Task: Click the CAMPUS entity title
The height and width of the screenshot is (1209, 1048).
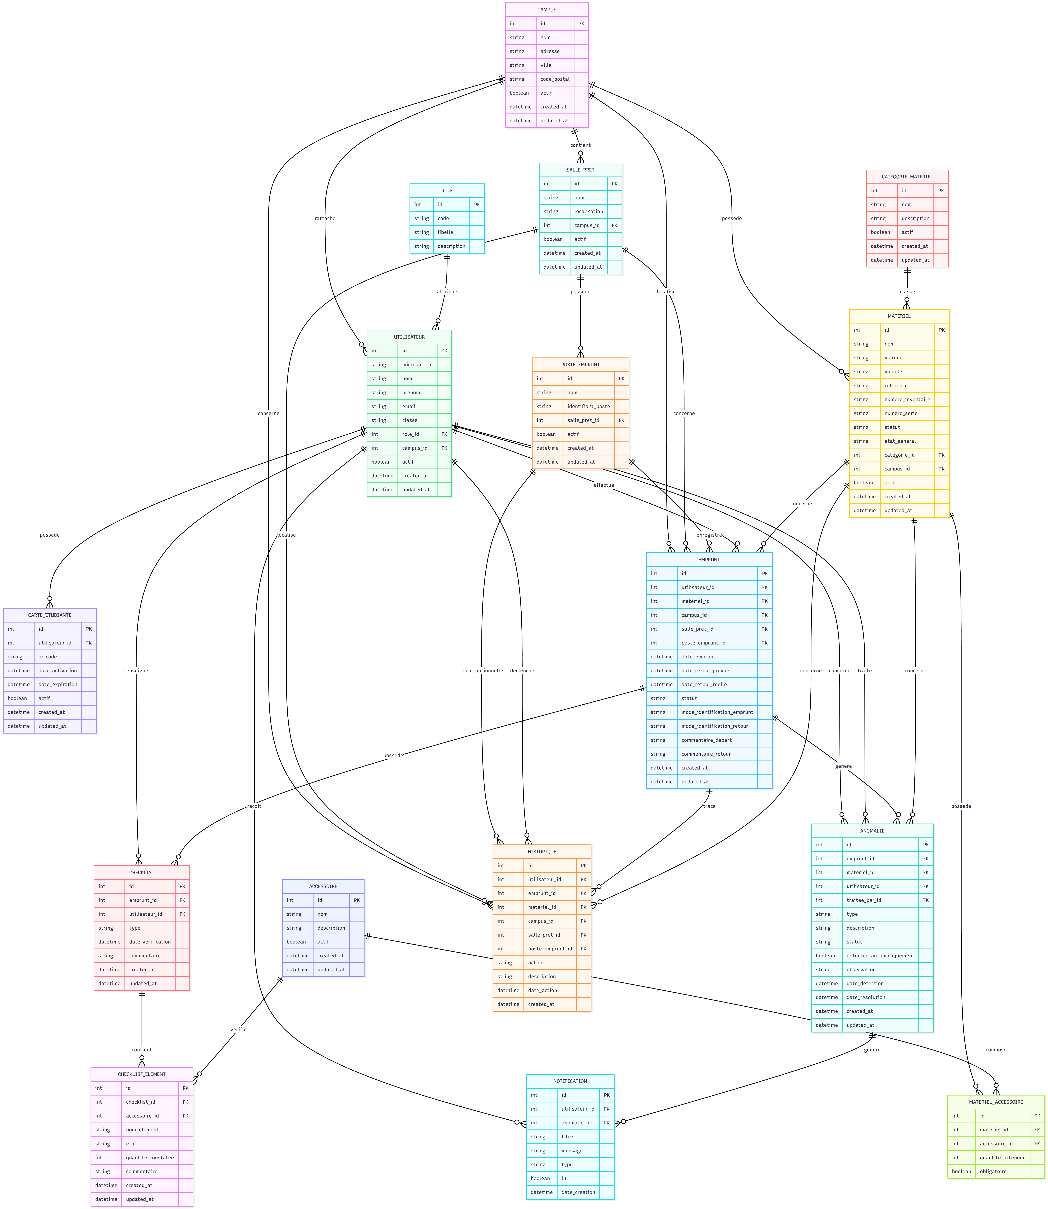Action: point(547,10)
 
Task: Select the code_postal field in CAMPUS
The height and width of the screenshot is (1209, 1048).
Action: point(554,79)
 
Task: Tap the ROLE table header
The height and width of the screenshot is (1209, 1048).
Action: point(447,191)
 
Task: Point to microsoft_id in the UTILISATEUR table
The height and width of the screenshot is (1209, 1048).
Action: point(417,365)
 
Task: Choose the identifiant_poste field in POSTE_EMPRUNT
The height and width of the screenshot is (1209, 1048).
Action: point(588,406)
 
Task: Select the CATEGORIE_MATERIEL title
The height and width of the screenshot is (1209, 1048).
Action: point(907,177)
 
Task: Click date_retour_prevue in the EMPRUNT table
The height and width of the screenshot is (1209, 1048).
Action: point(705,671)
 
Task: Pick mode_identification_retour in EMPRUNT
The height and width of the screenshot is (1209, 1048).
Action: point(715,726)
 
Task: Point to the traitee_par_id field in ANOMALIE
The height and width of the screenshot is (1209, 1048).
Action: point(863,900)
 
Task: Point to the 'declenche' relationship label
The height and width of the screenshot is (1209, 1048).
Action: point(522,671)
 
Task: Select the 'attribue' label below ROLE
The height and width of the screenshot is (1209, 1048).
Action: point(447,291)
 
